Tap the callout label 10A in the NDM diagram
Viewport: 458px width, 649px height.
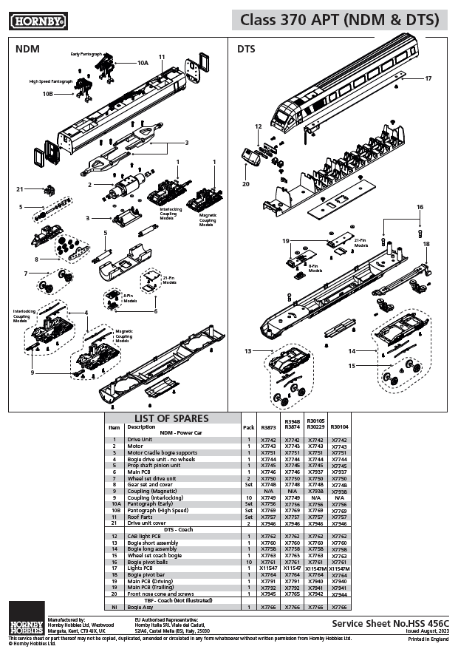pyautogui.click(x=143, y=64)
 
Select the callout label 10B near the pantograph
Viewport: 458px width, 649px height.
pyautogui.click(x=47, y=94)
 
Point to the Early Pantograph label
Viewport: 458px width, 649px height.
pyautogui.click(x=86, y=54)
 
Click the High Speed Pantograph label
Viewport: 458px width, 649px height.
pyautogui.click(x=51, y=81)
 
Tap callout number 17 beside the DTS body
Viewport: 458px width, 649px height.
pyautogui.click(x=428, y=78)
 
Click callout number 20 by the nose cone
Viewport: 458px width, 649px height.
pyautogui.click(x=246, y=184)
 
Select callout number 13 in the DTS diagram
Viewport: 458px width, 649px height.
pyautogui.click(x=248, y=350)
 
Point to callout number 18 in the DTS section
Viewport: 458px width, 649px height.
pyautogui.click(x=426, y=243)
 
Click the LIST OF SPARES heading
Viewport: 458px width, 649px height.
pyautogui.click(x=171, y=418)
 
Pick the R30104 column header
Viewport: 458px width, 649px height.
pyautogui.click(x=339, y=427)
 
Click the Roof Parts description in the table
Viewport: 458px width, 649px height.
pyautogui.click(x=142, y=517)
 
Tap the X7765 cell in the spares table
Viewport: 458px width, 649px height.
pyautogui.click(x=292, y=594)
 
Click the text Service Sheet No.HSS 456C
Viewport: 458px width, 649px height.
pyautogui.click(x=390, y=623)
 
